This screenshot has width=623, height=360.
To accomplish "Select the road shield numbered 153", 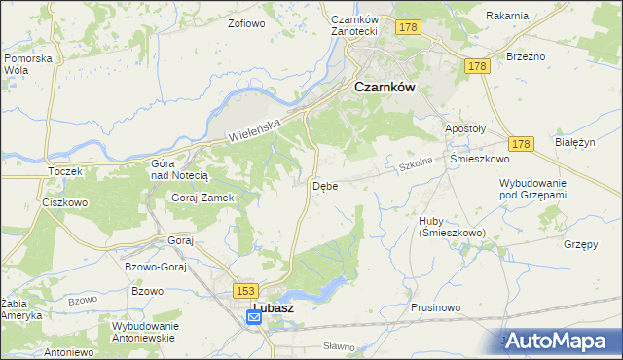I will (244, 290).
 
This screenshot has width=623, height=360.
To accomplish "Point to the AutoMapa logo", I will (558, 341).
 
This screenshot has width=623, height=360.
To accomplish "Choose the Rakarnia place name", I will (507, 16).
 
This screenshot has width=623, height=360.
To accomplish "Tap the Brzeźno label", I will (525, 56).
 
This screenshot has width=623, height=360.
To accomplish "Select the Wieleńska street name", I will (253, 124).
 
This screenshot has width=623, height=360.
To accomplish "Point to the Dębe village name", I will (325, 186).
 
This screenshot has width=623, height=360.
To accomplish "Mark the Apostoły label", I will (464, 129).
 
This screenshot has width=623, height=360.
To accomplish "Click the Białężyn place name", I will (574, 141).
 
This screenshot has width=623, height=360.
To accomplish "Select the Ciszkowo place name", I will (65, 203).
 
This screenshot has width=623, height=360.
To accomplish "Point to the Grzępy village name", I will (581, 244).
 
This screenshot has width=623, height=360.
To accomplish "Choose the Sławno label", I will (340, 345).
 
